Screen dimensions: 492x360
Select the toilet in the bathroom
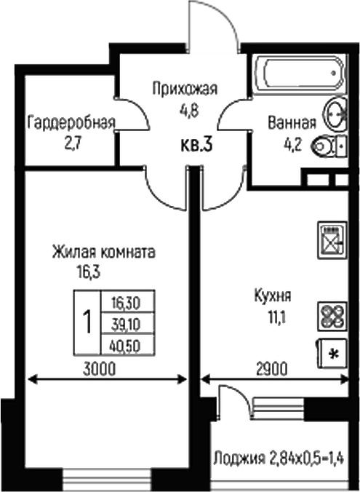(331, 148)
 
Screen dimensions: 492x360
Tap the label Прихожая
(185, 90)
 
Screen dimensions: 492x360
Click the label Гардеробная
(71, 122)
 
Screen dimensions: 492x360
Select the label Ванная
(291, 122)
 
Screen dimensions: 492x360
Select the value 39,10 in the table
(127, 320)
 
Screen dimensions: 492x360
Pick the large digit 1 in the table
(89, 321)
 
